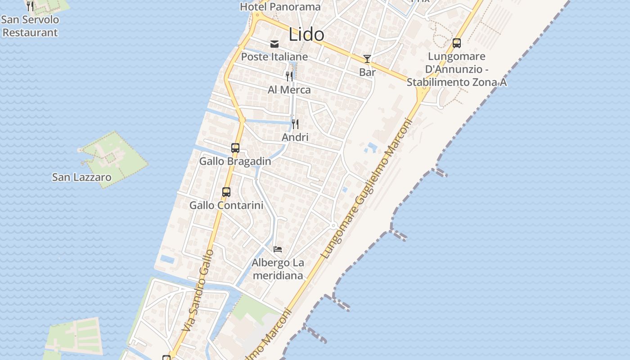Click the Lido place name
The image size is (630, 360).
click(x=306, y=35)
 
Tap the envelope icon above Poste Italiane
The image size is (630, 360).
click(x=274, y=44)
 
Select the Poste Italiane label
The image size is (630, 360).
click(x=274, y=57)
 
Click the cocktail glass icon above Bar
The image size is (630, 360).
click(x=367, y=59)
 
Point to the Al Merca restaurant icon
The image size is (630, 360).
click(x=289, y=76)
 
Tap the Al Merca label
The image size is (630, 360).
click(x=289, y=90)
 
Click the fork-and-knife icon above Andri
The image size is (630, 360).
click(x=295, y=124)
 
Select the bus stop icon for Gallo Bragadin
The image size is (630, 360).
click(x=235, y=148)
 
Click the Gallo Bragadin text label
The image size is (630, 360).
click(x=235, y=161)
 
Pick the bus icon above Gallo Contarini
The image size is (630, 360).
click(x=226, y=192)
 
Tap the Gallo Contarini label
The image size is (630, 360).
click(x=226, y=205)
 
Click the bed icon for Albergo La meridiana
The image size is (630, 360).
click(x=278, y=249)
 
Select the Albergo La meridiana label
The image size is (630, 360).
click(x=278, y=269)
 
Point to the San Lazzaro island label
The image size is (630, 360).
click(x=81, y=177)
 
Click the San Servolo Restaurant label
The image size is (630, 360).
click(x=30, y=26)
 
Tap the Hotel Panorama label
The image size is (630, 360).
click(x=280, y=7)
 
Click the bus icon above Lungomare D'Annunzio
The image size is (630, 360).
click(x=457, y=43)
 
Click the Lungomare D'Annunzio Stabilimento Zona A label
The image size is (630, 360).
click(x=457, y=69)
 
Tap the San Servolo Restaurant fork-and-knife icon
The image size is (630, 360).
click(x=30, y=6)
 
